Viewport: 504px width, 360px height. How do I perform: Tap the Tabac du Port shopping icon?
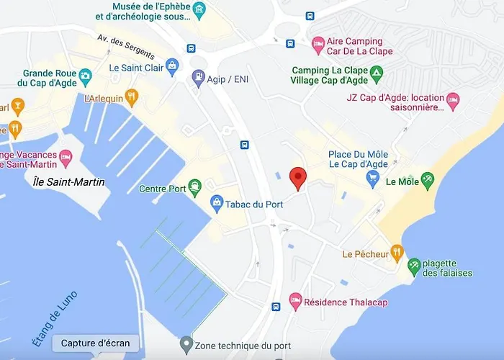click(x=216, y=204)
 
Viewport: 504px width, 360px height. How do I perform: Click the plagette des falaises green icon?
click(x=414, y=267)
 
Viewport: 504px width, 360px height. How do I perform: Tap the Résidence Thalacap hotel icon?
click(x=294, y=302)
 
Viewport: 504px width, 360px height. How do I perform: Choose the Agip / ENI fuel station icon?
click(x=198, y=77)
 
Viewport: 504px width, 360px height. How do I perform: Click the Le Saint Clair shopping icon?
click(x=171, y=68)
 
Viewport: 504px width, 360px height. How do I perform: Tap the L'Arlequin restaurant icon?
click(x=131, y=98)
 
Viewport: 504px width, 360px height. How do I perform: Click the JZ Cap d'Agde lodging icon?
click(x=453, y=102)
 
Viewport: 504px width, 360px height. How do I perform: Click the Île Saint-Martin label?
click(x=69, y=182)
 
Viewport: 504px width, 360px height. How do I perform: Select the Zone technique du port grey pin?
click(x=186, y=343)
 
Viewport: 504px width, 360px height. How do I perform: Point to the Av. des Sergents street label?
click(x=125, y=47)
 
